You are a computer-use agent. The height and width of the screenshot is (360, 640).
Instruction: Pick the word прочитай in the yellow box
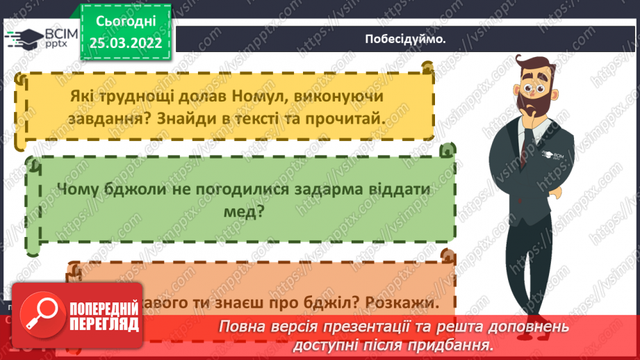click(352, 119)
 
